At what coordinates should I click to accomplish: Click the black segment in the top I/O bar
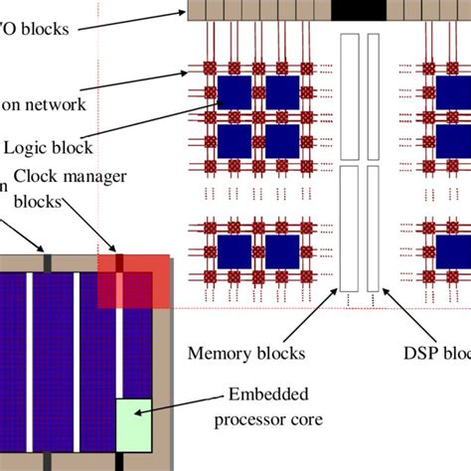(x=359, y=10)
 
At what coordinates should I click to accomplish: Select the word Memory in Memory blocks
(x=218, y=353)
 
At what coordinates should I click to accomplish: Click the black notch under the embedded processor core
(x=119, y=463)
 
